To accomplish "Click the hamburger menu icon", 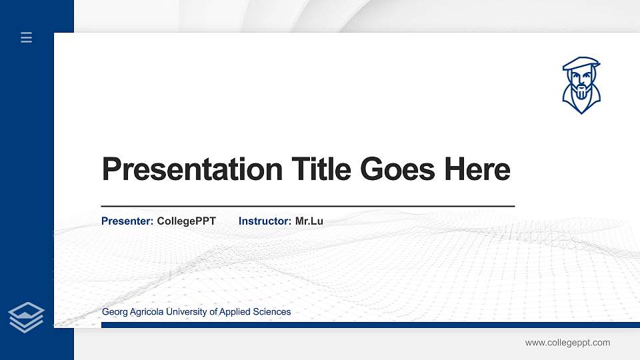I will tap(27, 37).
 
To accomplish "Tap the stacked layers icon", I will tap(27, 317).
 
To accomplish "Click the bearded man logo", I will tap(581, 85).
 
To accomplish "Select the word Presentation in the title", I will tap(192, 169).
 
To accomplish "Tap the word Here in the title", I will tap(477, 169).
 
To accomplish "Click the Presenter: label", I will tap(127, 221).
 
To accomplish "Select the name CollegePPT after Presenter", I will tap(187, 221).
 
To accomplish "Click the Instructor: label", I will tap(265, 221).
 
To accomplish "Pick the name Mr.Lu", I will tap(309, 221).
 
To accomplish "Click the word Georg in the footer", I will tap(113, 312).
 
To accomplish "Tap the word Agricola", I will tap(145, 312).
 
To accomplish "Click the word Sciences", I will tap(272, 312).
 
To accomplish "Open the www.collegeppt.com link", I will tap(567, 343).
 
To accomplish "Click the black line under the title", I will tap(307, 207).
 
